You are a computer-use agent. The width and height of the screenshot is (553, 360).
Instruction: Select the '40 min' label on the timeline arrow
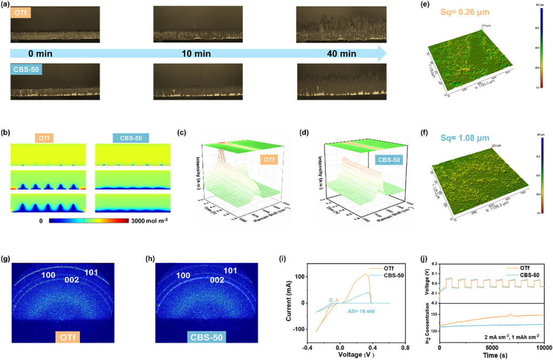tap(341, 54)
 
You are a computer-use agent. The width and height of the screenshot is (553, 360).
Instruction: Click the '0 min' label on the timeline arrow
tap(39, 54)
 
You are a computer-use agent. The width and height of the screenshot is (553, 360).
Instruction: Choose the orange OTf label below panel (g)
tap(67, 339)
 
